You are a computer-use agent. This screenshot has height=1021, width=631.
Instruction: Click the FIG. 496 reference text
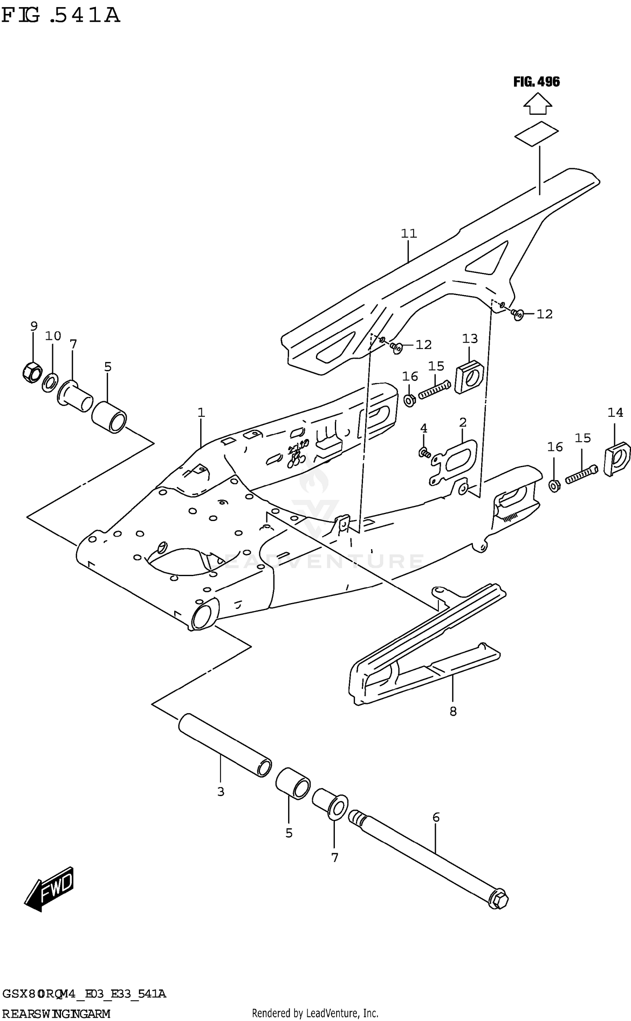pyautogui.click(x=536, y=82)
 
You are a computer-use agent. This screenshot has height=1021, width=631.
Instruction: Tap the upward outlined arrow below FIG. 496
pyautogui.click(x=538, y=104)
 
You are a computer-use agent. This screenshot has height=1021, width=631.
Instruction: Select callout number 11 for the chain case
pyautogui.click(x=408, y=233)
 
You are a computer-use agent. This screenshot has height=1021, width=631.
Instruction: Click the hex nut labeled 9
pyautogui.click(x=32, y=371)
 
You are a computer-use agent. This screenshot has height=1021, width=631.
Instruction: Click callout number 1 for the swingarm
pyautogui.click(x=201, y=413)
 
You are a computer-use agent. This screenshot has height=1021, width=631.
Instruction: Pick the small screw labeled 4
pyautogui.click(x=424, y=453)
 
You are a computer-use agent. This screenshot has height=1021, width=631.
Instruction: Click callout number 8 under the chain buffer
pyautogui.click(x=453, y=712)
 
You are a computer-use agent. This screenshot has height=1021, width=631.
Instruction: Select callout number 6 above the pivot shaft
pyautogui.click(x=436, y=817)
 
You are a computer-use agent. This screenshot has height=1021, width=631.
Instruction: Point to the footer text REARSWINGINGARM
pyautogui.click(x=56, y=1013)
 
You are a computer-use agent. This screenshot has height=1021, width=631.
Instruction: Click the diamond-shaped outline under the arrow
pyautogui.click(x=536, y=134)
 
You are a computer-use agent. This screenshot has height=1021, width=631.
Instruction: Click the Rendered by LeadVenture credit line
pyautogui.click(x=315, y=1013)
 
